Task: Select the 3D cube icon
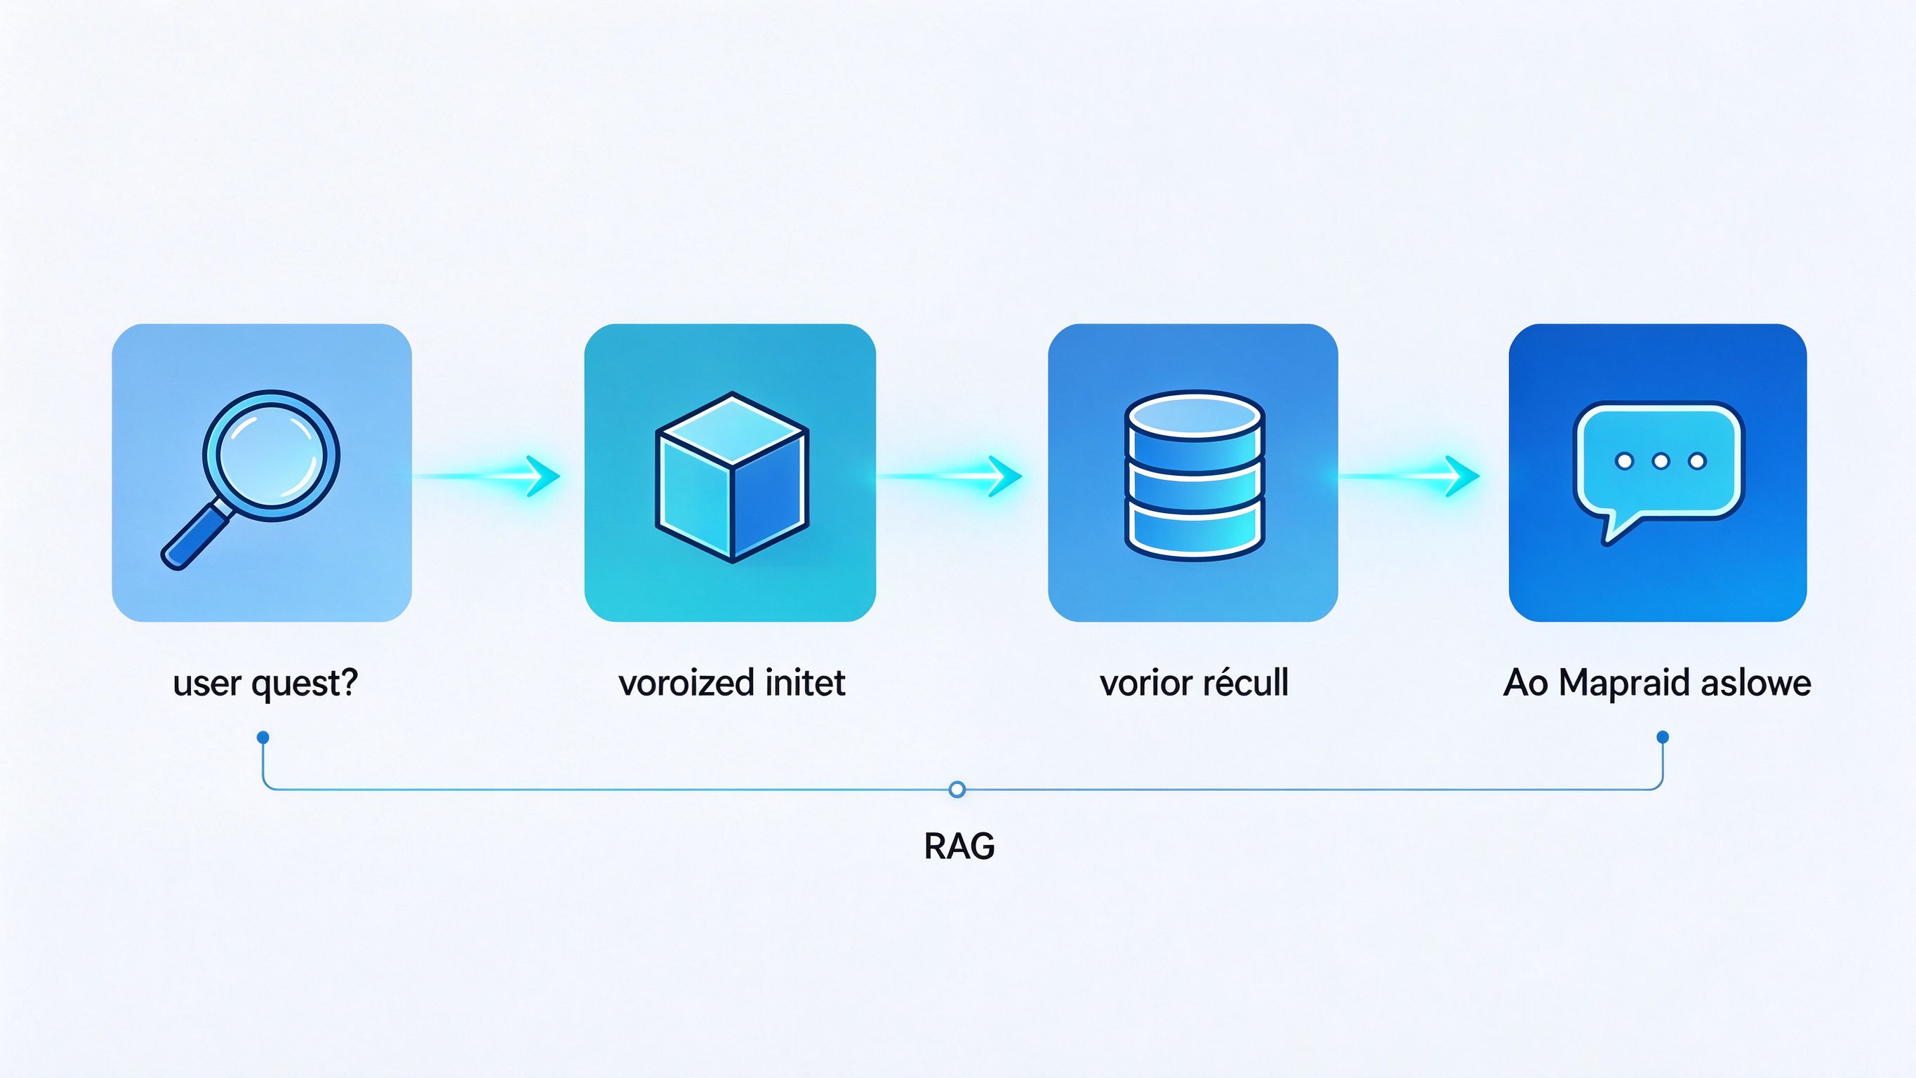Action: [732, 477]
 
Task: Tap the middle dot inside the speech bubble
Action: [1661, 461]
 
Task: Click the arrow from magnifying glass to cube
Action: [487, 475]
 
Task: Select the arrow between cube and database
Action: [950, 475]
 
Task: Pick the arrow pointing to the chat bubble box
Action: [1409, 475]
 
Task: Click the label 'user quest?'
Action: [265, 683]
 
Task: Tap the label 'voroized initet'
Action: [732, 682]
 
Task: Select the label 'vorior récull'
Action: [1195, 682]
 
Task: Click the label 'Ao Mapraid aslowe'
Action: [1657, 683]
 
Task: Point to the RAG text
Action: [959, 846]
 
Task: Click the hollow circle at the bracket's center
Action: [958, 790]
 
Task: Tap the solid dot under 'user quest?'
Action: [262, 738]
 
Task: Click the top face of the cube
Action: [732, 430]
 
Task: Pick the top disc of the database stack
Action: [1195, 415]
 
